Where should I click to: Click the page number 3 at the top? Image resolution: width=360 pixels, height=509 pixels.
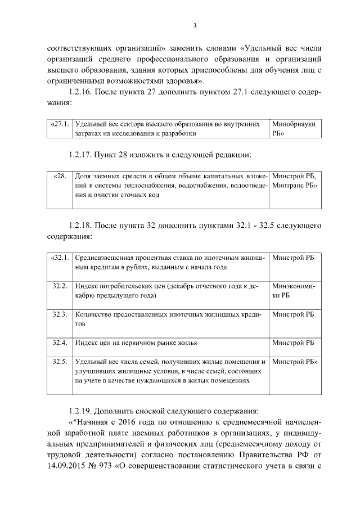pyautogui.click(x=194, y=25)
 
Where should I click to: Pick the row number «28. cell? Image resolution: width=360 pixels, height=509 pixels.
pyautogui.click(x=60, y=176)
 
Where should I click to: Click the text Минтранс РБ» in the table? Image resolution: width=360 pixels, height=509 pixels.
pyautogui.click(x=294, y=185)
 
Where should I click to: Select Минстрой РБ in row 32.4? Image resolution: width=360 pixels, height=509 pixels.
pyautogui.click(x=292, y=343)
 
